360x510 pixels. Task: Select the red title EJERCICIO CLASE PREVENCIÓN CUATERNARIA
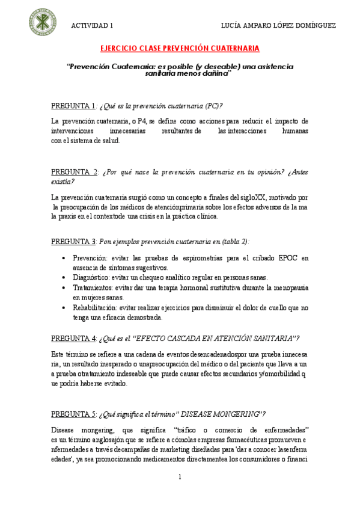(180, 48)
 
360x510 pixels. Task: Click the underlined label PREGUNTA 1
(73, 106)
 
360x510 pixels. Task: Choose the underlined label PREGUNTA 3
(73, 241)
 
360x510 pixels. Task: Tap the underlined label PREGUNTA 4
(73, 338)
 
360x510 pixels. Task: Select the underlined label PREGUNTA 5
(73, 414)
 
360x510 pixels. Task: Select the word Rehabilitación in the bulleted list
(97, 307)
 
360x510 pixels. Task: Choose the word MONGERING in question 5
(231, 414)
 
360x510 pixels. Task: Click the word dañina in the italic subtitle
(214, 73)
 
